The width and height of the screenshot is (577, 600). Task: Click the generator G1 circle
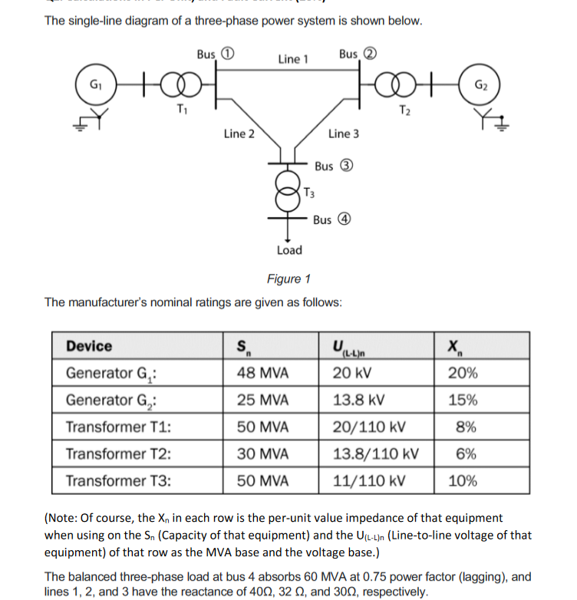tap(95, 84)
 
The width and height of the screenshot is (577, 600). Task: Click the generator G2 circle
tap(480, 84)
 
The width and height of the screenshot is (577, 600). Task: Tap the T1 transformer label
tap(181, 107)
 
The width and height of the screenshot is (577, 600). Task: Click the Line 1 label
tap(293, 59)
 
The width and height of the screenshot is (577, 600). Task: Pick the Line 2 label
tap(239, 134)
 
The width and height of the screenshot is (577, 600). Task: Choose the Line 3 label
tap(343, 134)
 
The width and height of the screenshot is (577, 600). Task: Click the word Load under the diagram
tap(289, 250)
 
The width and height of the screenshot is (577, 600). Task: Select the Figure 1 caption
tap(288, 278)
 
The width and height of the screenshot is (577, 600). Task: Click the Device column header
tap(89, 346)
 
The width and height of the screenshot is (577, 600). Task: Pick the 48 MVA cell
tap(263, 374)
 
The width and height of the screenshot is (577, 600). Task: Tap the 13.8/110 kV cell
tap(376, 454)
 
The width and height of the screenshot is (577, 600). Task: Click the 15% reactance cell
tap(463, 401)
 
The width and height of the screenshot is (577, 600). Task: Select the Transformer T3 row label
tap(118, 481)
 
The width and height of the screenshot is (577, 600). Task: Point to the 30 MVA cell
tap(263, 454)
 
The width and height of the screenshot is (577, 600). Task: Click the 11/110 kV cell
tap(369, 481)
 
